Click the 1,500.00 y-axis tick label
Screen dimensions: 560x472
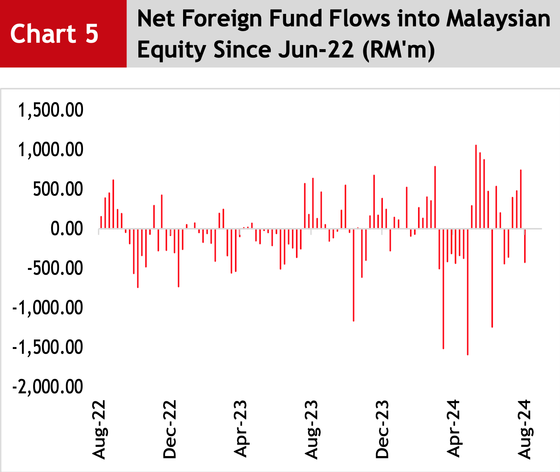click(51, 110)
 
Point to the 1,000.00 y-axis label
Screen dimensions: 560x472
click(51, 150)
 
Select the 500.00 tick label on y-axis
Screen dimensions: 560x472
click(58, 189)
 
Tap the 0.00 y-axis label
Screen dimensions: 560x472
click(67, 229)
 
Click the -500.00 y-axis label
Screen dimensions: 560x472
click(55, 268)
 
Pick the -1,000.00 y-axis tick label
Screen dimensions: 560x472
click(48, 308)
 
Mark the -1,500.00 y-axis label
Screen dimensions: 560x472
click(48, 347)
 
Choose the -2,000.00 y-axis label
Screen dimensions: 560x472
click(48, 387)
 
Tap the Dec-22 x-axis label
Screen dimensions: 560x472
click(170, 429)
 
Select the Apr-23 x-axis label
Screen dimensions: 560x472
click(240, 429)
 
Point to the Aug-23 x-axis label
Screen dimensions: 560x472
click(312, 430)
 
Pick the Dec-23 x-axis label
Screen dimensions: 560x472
click(382, 429)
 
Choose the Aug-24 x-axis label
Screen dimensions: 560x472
click(525, 430)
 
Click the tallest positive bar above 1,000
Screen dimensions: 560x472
click(476, 186)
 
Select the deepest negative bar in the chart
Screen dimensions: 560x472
click(468, 292)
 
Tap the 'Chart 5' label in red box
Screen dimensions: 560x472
click(54, 34)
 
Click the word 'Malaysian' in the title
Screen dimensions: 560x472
click(498, 19)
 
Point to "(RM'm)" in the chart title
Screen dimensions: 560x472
click(398, 50)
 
